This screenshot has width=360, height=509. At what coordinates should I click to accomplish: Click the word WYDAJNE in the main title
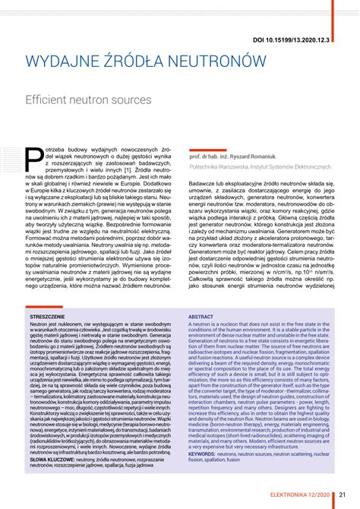click(x=65, y=61)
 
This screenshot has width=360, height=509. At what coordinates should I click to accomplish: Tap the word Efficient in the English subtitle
click(x=50, y=100)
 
